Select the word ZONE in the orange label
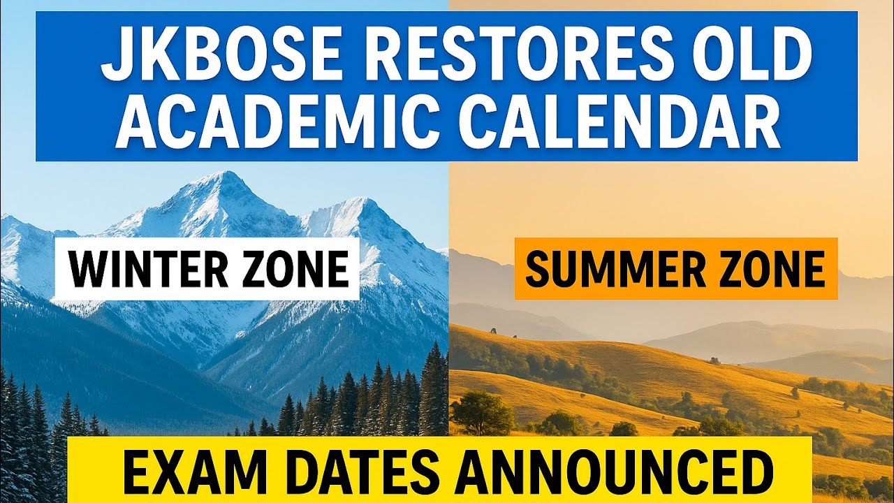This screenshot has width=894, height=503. click(x=765, y=269)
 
